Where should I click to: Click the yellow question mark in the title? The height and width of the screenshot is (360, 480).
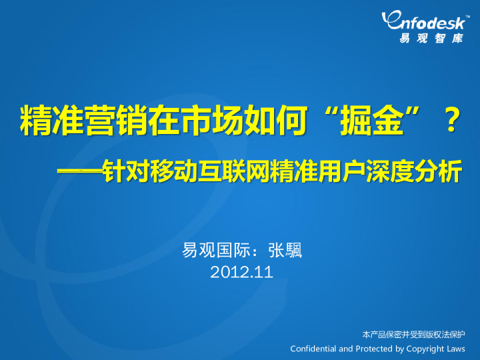pyautogui.click(x=450, y=121)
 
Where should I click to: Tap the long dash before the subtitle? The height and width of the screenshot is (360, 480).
pyautogui.click(x=79, y=172)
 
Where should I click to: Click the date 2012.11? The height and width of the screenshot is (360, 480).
pyautogui.click(x=241, y=271)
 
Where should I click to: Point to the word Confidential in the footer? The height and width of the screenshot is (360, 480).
pyautogui.click(x=313, y=349)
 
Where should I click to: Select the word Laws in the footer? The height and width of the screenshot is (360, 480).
pyautogui.click(x=456, y=349)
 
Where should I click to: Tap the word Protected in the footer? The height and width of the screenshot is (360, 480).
pyautogui.click(x=373, y=349)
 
